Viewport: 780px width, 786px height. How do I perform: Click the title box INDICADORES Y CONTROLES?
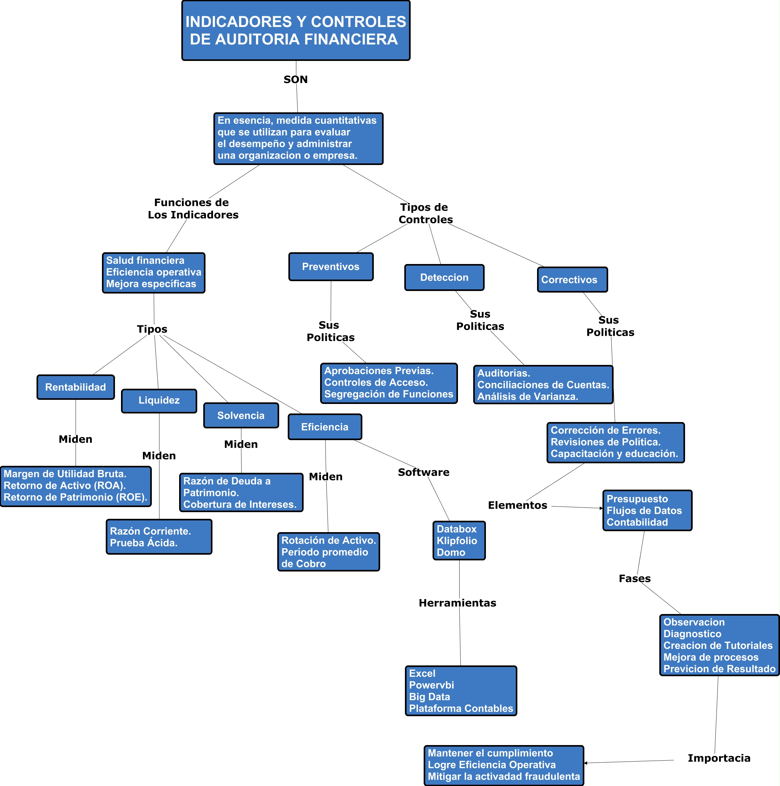[296, 30]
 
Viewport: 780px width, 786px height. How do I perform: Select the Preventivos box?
[331, 267]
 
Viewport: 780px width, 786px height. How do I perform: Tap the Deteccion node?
[444, 277]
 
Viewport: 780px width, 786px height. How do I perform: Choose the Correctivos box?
[572, 280]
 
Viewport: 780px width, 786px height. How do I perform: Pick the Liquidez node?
[159, 400]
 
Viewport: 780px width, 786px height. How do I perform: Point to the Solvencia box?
[241, 415]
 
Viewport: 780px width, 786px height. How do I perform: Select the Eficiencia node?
[325, 427]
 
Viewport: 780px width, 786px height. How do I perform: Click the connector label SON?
[296, 79]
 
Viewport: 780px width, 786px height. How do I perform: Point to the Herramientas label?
[457, 603]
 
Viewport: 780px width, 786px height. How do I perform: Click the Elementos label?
[517, 505]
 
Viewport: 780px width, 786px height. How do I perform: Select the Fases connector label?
[634, 578]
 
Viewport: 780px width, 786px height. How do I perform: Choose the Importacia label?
[718, 758]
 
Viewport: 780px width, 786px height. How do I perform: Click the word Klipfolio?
[457, 541]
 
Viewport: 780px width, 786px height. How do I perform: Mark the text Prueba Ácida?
[144, 543]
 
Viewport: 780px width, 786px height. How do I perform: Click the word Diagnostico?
[692, 634]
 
